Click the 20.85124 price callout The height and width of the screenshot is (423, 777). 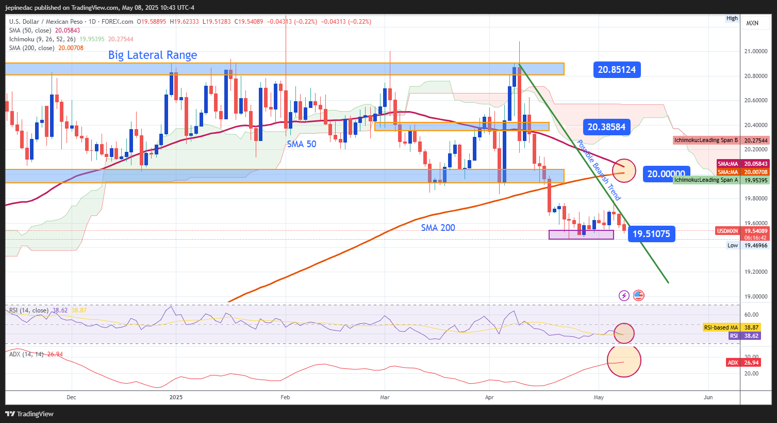[617, 70]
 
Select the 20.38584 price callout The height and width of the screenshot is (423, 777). [606, 127]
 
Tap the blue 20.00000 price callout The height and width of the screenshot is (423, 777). [666, 174]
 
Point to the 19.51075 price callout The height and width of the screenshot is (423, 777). [651, 234]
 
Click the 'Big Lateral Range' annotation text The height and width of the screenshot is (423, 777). [153, 55]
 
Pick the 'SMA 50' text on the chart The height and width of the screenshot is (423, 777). [302, 144]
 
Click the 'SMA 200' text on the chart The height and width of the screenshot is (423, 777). [438, 228]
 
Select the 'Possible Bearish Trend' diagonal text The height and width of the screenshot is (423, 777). [599, 170]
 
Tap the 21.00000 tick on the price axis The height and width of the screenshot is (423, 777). [755, 52]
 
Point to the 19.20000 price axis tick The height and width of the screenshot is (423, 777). [755, 272]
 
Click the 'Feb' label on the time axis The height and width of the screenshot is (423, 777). [285, 397]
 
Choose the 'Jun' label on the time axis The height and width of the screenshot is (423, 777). [708, 397]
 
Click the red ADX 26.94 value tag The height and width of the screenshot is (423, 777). [743, 363]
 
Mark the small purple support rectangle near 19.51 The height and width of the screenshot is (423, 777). [581, 234]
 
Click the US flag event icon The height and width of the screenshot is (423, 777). [638, 295]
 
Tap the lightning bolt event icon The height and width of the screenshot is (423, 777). [624, 295]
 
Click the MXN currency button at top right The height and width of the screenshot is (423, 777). [752, 23]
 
